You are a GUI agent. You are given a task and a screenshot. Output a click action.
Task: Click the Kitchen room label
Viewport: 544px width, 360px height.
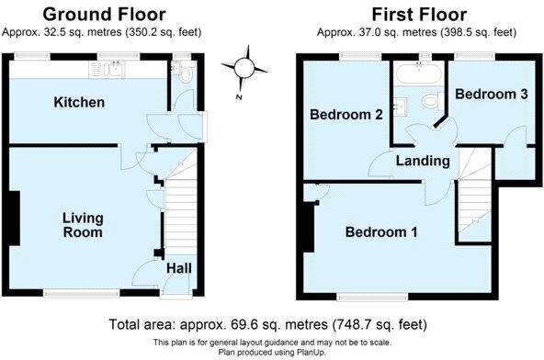pyautogui.click(x=78, y=102)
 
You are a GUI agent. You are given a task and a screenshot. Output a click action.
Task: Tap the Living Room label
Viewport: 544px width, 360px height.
pyautogui.click(x=83, y=225)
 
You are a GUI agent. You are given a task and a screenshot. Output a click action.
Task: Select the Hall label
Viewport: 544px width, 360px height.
pyautogui.click(x=179, y=269)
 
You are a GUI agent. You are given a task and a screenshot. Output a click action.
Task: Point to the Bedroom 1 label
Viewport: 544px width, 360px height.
pyautogui.click(x=381, y=232)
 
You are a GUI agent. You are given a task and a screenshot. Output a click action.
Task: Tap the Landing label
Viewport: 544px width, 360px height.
pyautogui.click(x=422, y=161)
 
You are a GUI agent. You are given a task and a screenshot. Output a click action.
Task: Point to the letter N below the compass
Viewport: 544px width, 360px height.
pyautogui.click(x=238, y=96)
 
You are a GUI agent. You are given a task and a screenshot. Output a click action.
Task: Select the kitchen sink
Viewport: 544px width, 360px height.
pyautogui.click(x=116, y=69)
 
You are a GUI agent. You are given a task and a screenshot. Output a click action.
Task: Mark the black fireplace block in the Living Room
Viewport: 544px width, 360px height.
pyautogui.click(x=15, y=218)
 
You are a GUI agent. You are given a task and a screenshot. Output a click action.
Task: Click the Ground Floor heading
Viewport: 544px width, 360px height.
pyautogui.click(x=105, y=14)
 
